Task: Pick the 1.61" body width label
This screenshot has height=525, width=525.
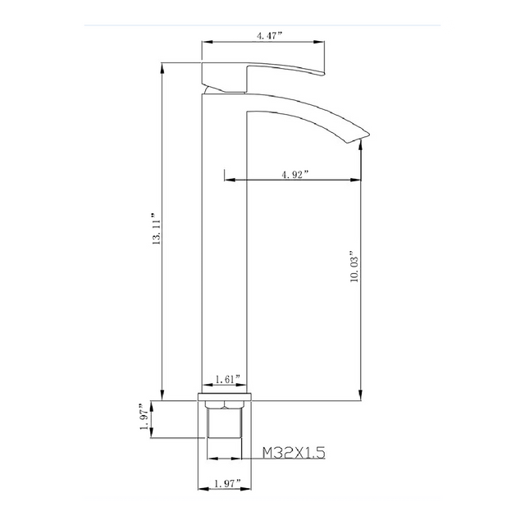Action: (226, 379)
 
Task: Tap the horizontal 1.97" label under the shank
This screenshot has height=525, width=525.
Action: (226, 485)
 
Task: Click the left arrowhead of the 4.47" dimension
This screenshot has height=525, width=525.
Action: (206, 42)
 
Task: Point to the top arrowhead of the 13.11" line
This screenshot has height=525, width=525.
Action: (162, 66)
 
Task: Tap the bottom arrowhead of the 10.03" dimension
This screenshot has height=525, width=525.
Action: (362, 395)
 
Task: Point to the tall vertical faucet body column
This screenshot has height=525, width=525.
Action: (224, 246)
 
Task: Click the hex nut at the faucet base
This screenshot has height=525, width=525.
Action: (225, 403)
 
